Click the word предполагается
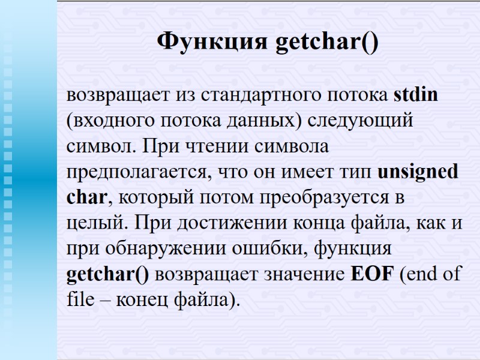pyautogui.click(x=139, y=172)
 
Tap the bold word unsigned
pyautogui.click(x=418, y=172)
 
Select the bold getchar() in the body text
pyautogui.click(x=108, y=274)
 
